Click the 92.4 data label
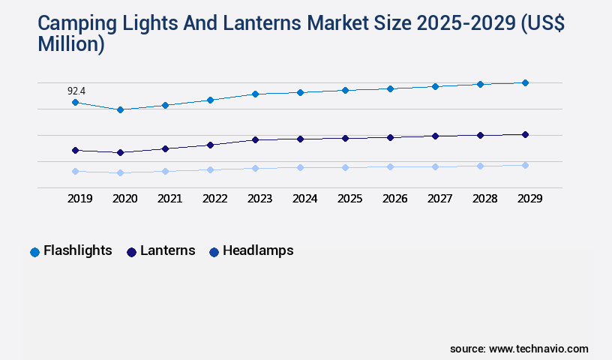pyautogui.click(x=76, y=91)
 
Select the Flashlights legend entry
pyautogui.click(x=77, y=251)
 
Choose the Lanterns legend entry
pyautogui.click(x=167, y=251)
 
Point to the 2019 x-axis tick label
pyautogui.click(x=80, y=199)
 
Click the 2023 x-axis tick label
pyautogui.click(x=260, y=199)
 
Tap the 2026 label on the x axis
pyautogui.click(x=394, y=199)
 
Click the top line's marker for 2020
pyautogui.click(x=120, y=109)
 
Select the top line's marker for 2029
pyautogui.click(x=525, y=82)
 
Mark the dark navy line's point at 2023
pyautogui.click(x=255, y=139)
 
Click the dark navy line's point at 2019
pyautogui.click(x=75, y=150)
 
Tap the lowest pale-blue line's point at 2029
pyautogui.click(x=525, y=165)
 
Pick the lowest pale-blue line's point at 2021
pyautogui.click(x=165, y=171)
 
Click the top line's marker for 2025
pyautogui.click(x=345, y=90)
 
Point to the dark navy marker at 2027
pyautogui.click(x=435, y=136)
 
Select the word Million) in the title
pyautogui.click(x=71, y=45)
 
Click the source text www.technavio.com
pyautogui.click(x=538, y=349)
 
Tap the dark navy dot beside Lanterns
pyautogui.click(x=132, y=252)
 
